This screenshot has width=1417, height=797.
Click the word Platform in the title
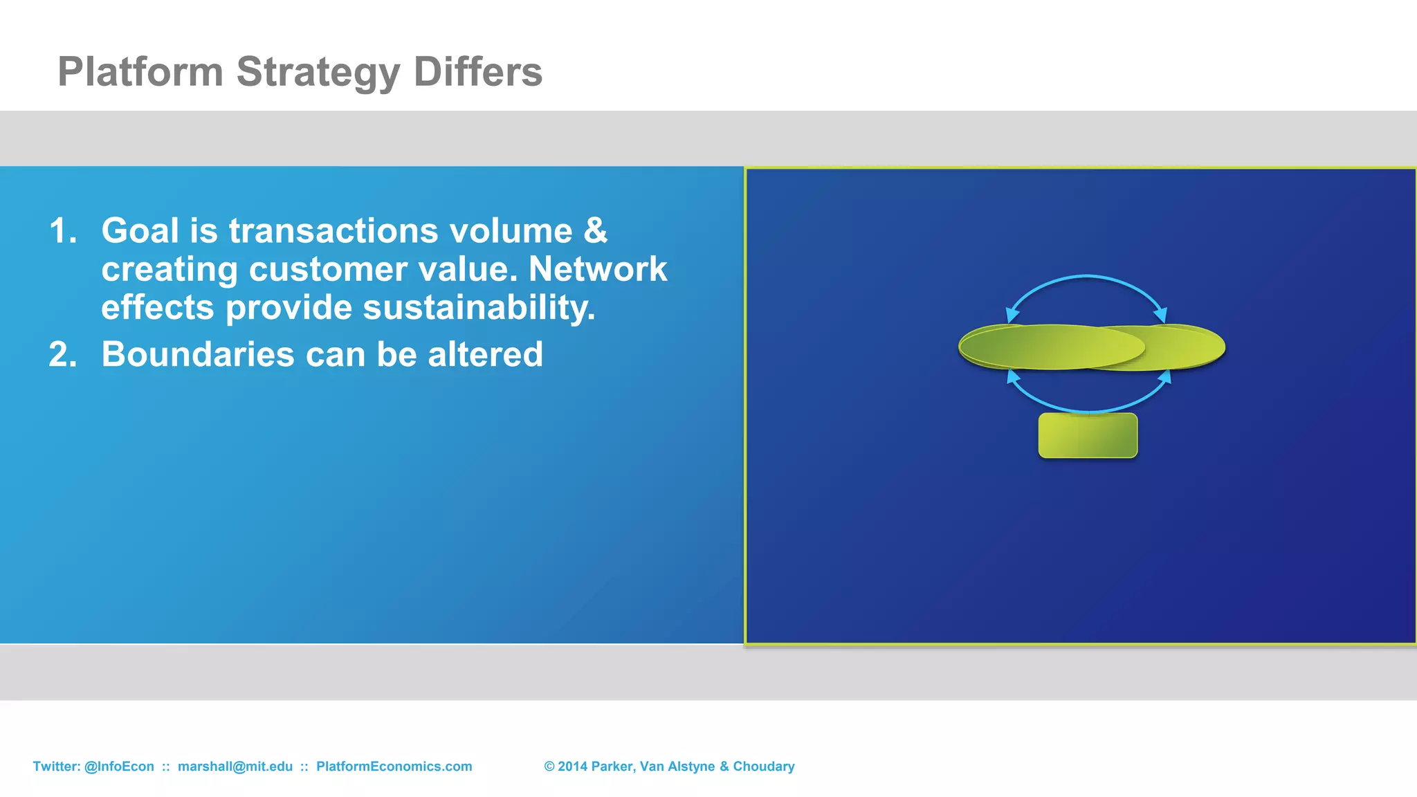pyautogui.click(x=140, y=72)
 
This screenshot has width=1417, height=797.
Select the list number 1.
pyautogui.click(x=62, y=230)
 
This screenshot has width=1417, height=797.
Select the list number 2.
pyautogui.click(x=62, y=354)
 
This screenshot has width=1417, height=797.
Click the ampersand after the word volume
pyautogui.click(x=595, y=230)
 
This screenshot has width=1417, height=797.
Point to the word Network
pyautogui.click(x=598, y=269)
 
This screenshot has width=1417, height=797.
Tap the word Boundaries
pyautogui.click(x=198, y=354)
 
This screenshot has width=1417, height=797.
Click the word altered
pyautogui.click(x=485, y=354)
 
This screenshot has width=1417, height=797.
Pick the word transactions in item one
pyautogui.click(x=333, y=230)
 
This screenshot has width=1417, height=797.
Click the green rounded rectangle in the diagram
pyautogui.click(x=1088, y=436)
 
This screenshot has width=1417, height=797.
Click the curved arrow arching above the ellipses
pyautogui.click(x=1086, y=277)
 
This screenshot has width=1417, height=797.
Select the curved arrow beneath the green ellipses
pyautogui.click(x=1088, y=410)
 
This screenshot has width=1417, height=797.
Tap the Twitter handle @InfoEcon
pyautogui.click(x=119, y=767)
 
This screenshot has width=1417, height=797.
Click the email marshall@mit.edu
pyautogui.click(x=235, y=767)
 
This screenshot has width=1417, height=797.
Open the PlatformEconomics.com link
pyautogui.click(x=394, y=767)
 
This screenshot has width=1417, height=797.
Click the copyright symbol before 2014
pyautogui.click(x=549, y=767)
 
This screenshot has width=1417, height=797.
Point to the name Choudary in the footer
pyautogui.click(x=763, y=767)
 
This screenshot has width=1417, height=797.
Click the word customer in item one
pyautogui.click(x=328, y=269)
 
